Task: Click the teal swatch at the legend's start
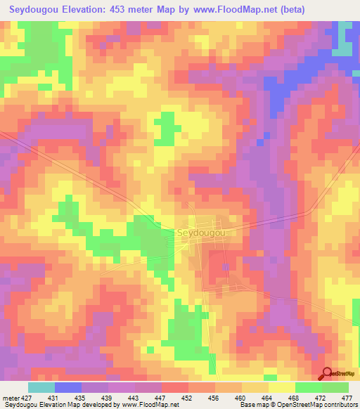point(41,388)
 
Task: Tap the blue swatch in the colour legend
point(68,388)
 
